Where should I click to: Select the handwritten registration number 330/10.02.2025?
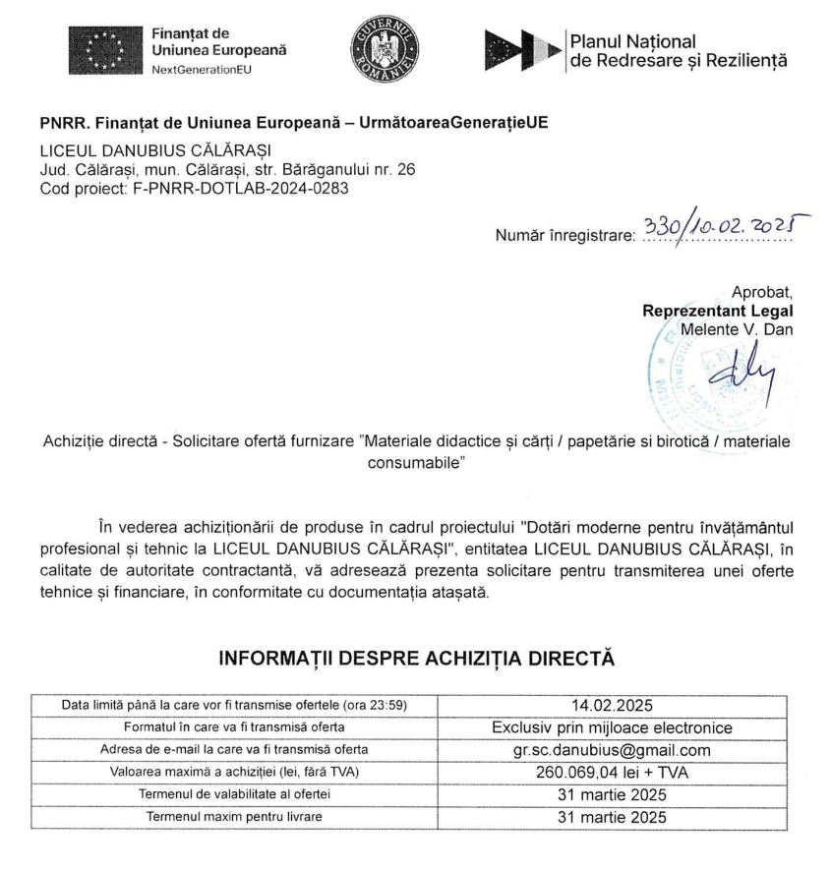(718, 229)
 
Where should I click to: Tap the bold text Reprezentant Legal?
(717, 311)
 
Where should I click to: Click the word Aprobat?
(761, 293)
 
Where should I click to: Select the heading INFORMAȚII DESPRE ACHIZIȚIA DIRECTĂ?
(415, 658)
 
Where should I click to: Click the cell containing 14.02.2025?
(612, 705)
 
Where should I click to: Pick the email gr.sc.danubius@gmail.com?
(612, 750)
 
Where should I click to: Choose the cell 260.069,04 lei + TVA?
(612, 773)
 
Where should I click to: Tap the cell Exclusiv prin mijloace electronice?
(612, 727)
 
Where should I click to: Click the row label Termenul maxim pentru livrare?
(234, 817)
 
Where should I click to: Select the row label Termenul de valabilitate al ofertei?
(234, 794)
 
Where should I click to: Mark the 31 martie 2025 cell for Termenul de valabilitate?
(612, 794)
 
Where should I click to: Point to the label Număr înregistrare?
(565, 237)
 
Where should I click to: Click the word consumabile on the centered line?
(415, 461)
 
